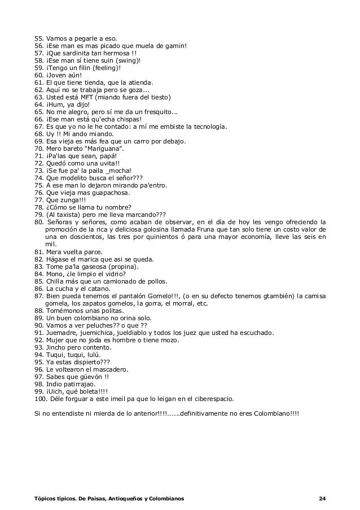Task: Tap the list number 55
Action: tap(39, 38)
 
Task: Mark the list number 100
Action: tap(41, 398)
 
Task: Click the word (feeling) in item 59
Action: tap(100, 68)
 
